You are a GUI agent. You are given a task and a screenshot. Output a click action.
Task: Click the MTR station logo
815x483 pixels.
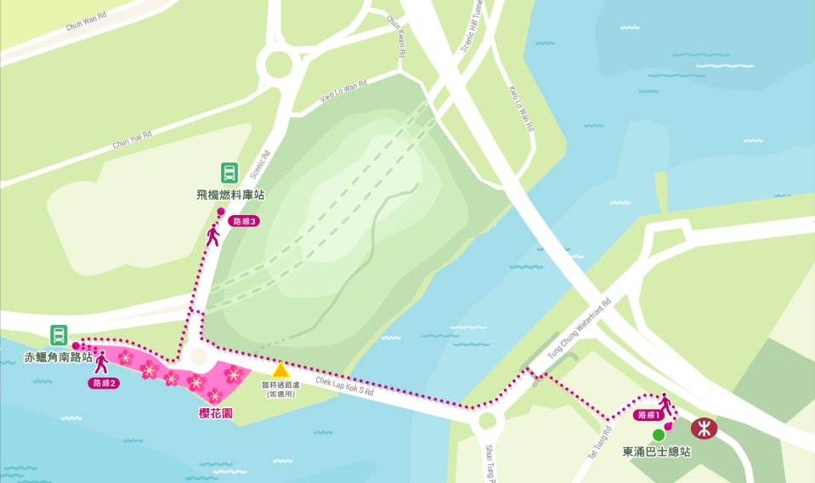(x=704, y=427)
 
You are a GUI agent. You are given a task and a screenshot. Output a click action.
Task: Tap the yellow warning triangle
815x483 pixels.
(x=280, y=370)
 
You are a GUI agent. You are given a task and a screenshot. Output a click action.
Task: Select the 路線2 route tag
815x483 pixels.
(x=103, y=383)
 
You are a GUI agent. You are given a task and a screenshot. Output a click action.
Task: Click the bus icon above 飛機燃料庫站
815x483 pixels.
(x=229, y=173)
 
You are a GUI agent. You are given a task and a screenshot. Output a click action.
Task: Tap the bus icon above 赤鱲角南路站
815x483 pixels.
(x=59, y=335)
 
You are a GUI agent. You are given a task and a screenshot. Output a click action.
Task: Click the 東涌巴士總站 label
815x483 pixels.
(x=656, y=452)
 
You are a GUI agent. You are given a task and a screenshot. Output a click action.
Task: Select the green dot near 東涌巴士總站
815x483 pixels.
(x=659, y=435)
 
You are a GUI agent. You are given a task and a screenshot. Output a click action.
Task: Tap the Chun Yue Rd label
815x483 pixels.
(x=132, y=139)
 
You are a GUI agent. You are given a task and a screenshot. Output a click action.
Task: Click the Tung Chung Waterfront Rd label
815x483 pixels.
(x=579, y=332)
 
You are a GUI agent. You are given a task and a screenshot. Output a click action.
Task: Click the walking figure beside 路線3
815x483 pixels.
(x=212, y=235)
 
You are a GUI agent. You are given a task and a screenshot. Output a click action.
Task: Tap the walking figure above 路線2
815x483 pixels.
(x=101, y=362)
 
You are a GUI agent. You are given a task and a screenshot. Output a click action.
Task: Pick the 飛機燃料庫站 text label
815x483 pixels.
(x=230, y=195)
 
